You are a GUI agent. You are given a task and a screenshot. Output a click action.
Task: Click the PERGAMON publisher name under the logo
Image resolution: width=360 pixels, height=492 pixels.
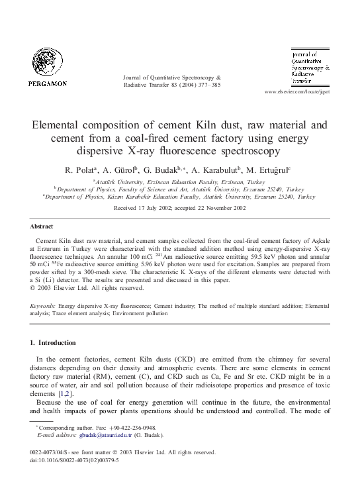[x=47, y=83]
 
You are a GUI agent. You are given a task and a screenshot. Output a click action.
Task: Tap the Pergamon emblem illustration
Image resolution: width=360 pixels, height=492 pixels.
[x=47, y=63]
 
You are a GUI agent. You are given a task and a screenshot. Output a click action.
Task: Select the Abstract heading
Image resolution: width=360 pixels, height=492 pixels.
[x=42, y=226]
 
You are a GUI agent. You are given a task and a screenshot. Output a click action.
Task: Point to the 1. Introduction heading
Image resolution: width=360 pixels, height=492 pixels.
[x=53, y=342]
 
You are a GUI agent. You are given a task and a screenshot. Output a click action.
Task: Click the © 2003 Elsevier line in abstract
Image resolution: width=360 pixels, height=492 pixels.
[x=87, y=288]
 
